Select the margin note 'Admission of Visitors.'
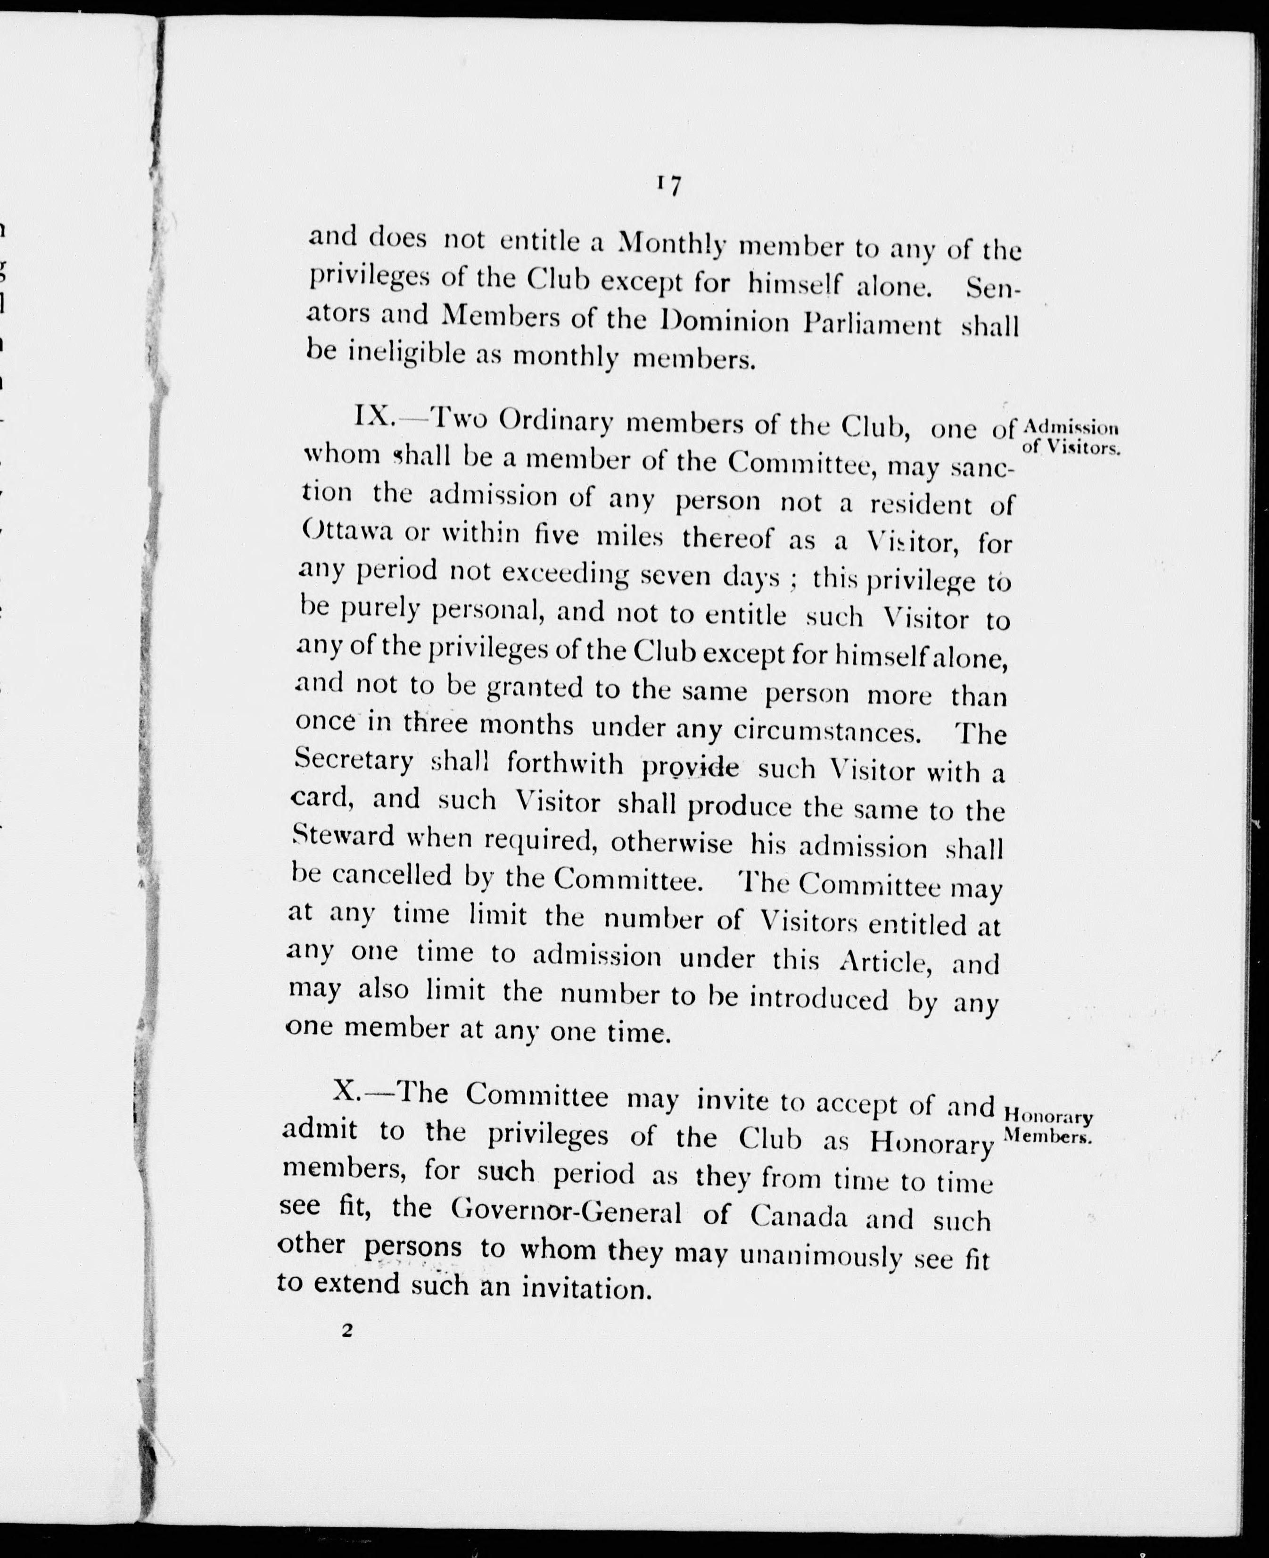1071,437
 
